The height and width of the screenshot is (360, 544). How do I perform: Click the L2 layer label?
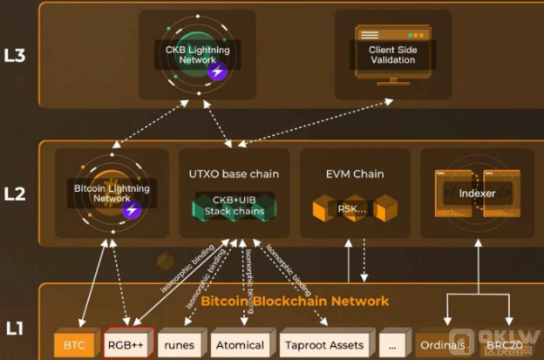[15, 194]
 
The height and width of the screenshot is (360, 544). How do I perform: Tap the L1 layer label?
[15, 329]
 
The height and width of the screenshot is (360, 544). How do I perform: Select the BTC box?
[74, 345]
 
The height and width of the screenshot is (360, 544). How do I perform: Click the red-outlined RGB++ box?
[127, 345]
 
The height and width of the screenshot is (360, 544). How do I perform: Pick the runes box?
[179, 345]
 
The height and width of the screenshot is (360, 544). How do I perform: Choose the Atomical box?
[239, 345]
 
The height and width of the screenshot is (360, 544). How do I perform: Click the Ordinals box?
[441, 345]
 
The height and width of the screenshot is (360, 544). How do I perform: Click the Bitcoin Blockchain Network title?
[295, 301]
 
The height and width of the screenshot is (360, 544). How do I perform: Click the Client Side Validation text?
[392, 56]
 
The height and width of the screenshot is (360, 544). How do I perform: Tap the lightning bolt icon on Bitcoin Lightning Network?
[132, 210]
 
